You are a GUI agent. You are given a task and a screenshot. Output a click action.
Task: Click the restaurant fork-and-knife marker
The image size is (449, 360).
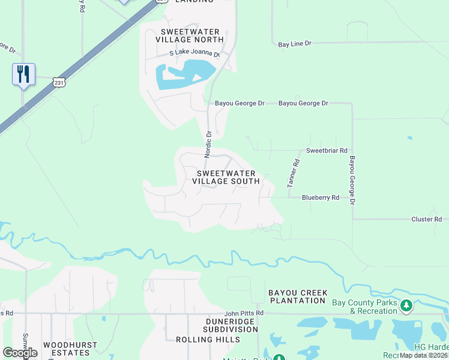coord(23,74)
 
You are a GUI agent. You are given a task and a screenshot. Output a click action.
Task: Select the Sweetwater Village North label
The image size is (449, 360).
coord(190,35)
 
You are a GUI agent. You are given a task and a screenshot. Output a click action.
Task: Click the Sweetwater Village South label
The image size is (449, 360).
coord(228,177)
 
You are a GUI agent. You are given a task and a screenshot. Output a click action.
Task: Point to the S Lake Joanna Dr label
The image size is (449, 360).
coord(194,54)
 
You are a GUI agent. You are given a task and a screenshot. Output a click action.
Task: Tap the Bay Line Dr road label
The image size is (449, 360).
coord(295,44)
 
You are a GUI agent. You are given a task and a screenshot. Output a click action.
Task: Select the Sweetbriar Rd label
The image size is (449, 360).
coord(327,151)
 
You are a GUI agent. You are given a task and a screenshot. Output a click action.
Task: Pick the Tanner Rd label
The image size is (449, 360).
coord(294,173)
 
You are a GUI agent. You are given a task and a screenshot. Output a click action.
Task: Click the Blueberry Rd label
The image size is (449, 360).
coord(321,197)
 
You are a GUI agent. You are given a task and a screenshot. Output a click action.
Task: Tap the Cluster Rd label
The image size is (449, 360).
coord(426,220)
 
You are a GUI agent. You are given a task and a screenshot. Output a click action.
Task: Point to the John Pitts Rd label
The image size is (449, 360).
coord(244,313)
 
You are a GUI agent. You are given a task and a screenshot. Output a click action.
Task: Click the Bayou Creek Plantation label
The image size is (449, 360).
coord(298,296)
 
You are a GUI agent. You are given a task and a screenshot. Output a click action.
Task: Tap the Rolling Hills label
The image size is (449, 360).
coord(208,340)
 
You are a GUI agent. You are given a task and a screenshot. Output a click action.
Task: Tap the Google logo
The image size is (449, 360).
coord(20,353)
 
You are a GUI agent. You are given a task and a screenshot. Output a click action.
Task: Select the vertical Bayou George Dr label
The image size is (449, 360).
coord(352,180)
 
